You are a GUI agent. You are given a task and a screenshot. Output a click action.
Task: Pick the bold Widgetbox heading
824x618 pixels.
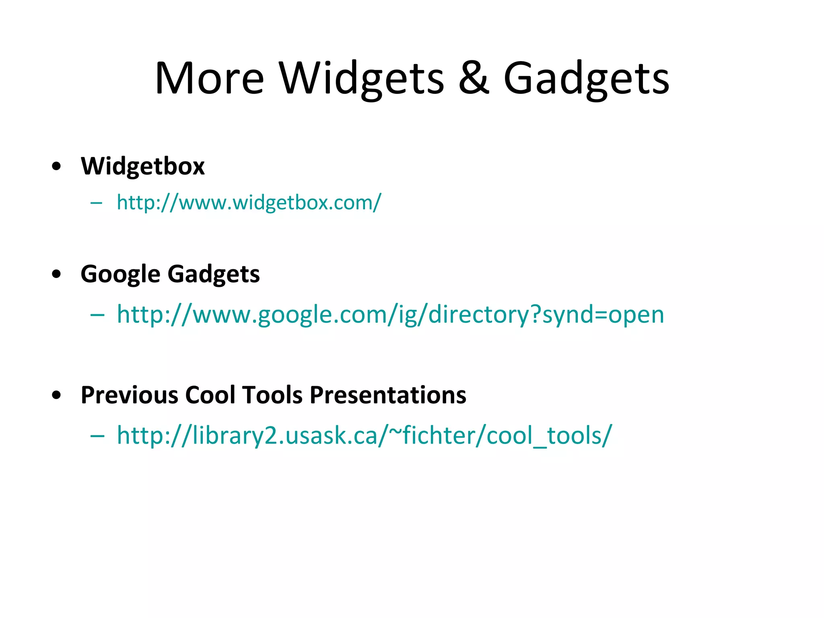tap(142, 166)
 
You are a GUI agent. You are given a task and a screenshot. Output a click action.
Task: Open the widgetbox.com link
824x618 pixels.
tap(249, 202)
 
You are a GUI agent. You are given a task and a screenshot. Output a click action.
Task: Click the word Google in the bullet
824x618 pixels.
tap(120, 274)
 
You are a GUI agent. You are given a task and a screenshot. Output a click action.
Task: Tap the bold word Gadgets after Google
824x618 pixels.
tap(213, 274)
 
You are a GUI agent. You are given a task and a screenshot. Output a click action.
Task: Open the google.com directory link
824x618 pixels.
tap(390, 314)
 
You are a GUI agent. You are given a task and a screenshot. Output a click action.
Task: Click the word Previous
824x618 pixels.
tap(129, 395)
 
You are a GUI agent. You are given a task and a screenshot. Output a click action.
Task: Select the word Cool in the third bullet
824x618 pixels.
tap(210, 395)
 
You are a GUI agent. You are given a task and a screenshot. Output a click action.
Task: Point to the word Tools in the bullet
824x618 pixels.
tap(272, 395)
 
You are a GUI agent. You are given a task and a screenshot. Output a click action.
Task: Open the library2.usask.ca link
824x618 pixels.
tap(364, 435)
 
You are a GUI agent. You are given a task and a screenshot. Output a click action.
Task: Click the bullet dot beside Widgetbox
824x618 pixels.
tap(57, 166)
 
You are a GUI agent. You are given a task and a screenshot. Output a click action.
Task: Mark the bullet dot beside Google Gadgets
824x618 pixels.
tap(57, 274)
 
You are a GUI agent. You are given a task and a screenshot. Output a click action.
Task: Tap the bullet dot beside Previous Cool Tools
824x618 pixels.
tap(57, 395)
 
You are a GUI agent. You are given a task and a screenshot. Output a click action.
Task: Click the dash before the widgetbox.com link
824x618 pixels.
tap(97, 203)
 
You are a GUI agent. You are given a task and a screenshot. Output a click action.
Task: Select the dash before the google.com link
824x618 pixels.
tap(98, 315)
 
